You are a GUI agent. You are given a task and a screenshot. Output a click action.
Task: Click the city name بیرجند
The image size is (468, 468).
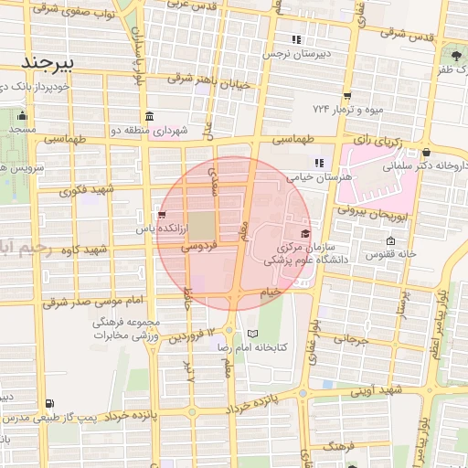51,63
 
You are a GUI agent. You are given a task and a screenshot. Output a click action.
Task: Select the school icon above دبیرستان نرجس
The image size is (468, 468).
295,39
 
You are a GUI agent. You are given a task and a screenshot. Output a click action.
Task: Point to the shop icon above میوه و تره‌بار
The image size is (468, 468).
347,95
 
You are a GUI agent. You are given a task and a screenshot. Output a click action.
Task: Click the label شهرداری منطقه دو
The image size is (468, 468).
154,131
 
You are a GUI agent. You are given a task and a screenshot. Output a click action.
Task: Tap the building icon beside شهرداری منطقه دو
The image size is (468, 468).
149,116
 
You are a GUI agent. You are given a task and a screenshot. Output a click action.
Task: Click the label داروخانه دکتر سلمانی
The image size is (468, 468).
430,167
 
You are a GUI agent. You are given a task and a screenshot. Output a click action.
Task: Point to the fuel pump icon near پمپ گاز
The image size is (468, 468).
48,402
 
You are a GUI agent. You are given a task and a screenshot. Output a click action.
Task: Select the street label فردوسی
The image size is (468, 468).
199,247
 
